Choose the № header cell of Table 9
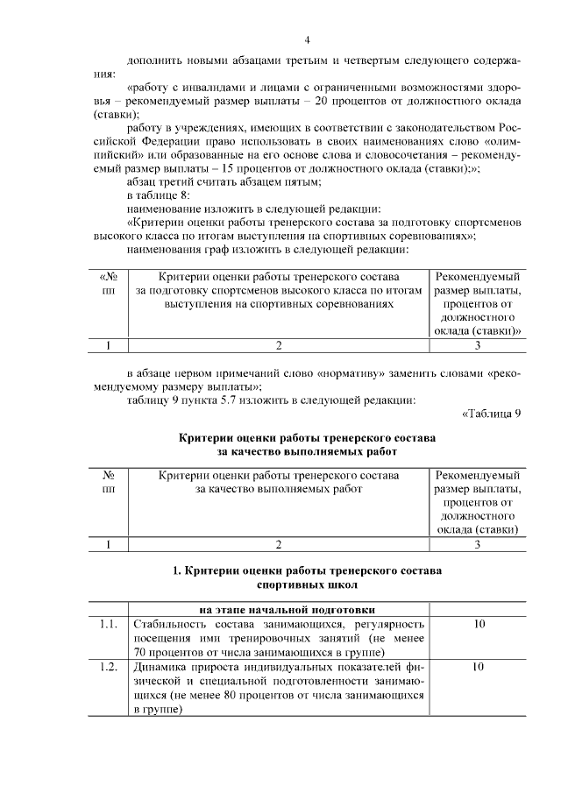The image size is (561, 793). click(x=109, y=475)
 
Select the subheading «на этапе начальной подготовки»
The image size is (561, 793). click(x=278, y=609)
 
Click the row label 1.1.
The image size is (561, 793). click(x=109, y=624)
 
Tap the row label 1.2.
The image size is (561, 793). click(x=109, y=668)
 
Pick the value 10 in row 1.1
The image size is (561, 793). click(x=478, y=624)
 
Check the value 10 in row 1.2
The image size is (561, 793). click(x=478, y=668)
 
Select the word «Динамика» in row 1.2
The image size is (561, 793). click(x=160, y=668)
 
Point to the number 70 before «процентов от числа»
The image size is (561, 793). click(x=141, y=652)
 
